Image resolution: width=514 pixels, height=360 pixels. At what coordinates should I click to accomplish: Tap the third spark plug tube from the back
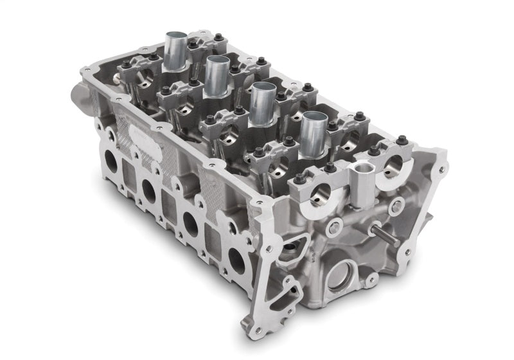pyautogui.click(x=261, y=102)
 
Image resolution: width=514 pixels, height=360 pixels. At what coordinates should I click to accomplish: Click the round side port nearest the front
pyautogui.click(x=236, y=258)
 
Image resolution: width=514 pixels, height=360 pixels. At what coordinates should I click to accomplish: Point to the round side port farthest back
pyautogui.click(x=111, y=163)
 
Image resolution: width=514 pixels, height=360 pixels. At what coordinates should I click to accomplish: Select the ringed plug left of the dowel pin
pyautogui.click(x=335, y=227)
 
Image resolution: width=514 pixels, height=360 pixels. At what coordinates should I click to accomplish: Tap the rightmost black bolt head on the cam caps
pyautogui.click(x=403, y=141)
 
